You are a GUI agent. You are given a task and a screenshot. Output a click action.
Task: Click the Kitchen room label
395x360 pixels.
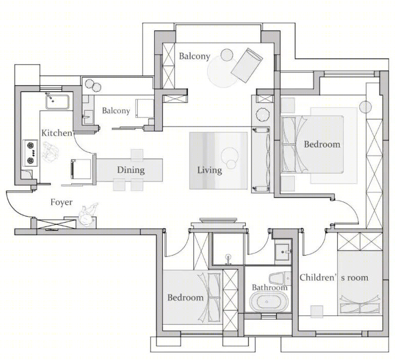pos(57,133)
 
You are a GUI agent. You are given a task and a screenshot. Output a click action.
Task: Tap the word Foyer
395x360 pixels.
pos(61,202)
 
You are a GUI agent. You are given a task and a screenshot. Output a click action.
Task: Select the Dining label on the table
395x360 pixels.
pos(131,170)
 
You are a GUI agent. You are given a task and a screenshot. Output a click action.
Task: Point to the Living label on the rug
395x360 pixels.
pos(210,171)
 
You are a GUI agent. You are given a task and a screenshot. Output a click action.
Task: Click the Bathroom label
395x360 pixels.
pos(269,287)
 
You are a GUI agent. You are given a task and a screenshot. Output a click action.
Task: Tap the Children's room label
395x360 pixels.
pos(334,278)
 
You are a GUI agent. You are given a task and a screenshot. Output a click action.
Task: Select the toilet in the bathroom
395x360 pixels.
pos(280,279)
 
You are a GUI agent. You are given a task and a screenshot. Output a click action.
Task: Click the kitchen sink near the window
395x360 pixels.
pos(57,102)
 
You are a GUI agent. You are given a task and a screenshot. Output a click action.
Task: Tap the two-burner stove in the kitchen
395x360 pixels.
pos(30,153)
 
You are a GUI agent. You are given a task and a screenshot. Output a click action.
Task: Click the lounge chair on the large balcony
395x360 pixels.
pos(247,65)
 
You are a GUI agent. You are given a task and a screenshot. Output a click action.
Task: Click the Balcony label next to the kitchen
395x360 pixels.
pos(116,111)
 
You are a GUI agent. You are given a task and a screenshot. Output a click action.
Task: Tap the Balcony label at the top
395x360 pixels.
pos(195,56)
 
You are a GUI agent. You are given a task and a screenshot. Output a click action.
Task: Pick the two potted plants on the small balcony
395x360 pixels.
pos(93,86)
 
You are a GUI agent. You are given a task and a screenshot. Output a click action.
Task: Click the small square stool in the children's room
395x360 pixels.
pos(317,312)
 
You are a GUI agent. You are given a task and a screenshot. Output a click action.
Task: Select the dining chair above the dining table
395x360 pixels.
pos(137,154)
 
